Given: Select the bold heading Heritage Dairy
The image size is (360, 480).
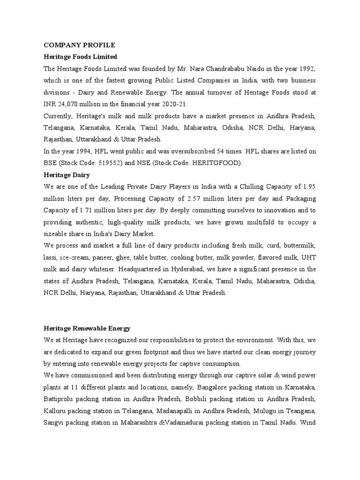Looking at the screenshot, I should coord(67,174).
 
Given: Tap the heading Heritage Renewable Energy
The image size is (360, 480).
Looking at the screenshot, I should coord(87,328).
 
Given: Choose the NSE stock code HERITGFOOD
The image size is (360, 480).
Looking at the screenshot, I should coord(220,163).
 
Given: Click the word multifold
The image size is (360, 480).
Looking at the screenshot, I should coord(255,222).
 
